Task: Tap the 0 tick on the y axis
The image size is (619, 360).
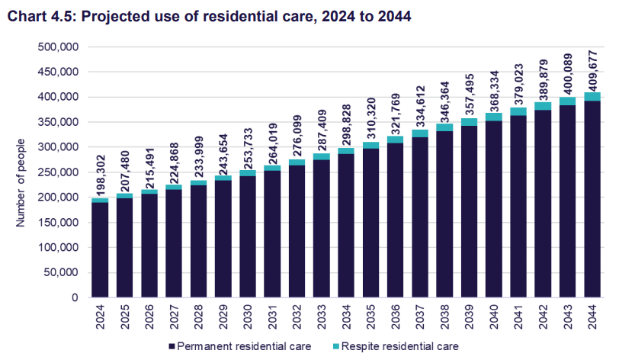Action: [76, 298]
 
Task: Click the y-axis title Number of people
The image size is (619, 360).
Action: [21, 183]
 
